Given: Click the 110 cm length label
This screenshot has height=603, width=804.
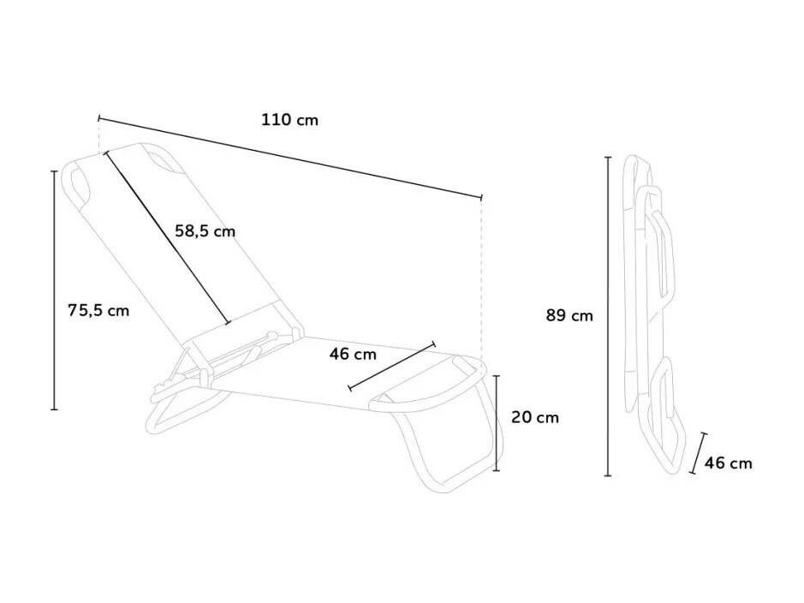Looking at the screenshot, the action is coord(289,120).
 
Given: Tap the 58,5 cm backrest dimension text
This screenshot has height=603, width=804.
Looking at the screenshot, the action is coord(205,231).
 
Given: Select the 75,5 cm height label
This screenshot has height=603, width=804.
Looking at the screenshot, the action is coord(98,310).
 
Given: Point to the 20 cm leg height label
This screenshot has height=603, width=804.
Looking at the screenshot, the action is coord(535,417).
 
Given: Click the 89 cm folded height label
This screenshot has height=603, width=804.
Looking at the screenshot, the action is coord(569,315).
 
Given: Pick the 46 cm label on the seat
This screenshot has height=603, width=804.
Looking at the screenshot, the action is coord(353,355).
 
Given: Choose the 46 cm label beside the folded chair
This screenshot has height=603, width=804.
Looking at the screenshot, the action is coord(728,463).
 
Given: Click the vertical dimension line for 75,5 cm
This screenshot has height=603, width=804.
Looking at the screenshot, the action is coord(55,290).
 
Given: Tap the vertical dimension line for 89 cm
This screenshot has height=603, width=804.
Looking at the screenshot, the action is coord(608,316).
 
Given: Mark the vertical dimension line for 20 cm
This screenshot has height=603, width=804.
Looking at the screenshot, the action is coord(497,423).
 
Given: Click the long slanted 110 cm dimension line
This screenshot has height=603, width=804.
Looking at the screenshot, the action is coord(290,158).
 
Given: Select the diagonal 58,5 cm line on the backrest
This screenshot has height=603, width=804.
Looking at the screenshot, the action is coord(167,237).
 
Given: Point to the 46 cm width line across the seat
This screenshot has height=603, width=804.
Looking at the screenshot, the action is coord(392,366).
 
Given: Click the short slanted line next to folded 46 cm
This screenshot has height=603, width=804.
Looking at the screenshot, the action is coord(699,453).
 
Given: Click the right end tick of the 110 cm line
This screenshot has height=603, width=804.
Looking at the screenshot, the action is coord(481,197).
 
